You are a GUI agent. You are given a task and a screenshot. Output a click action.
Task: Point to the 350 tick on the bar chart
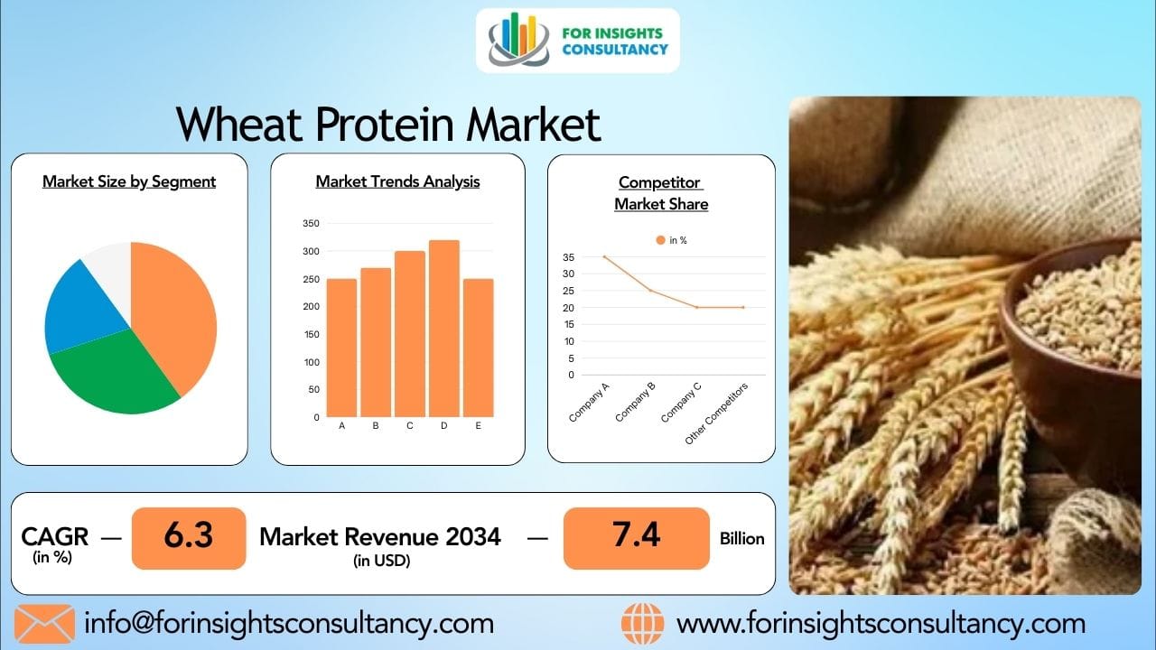tap(310, 223)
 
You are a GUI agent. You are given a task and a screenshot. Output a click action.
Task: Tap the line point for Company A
tap(604, 257)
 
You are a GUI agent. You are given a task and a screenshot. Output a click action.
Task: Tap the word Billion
tap(741, 539)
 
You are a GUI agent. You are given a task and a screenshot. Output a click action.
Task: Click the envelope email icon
tap(44, 624)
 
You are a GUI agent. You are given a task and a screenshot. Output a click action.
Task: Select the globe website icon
tap(642, 624)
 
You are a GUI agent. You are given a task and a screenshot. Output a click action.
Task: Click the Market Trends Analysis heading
tap(397, 181)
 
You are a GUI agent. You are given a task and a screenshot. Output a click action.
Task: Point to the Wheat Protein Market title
tap(387, 125)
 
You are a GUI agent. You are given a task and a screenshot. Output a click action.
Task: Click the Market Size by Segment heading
tap(129, 181)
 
